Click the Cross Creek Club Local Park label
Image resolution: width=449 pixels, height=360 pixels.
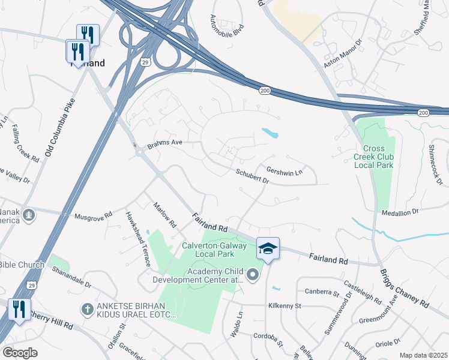click(378, 157)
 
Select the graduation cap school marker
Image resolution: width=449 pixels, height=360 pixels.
click(268, 248)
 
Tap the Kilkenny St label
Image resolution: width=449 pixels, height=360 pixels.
click(285, 306)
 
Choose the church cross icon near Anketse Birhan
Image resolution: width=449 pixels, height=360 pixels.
click(87, 310)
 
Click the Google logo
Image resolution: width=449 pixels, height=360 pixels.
click(20, 353)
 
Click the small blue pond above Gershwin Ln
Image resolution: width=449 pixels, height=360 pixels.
click(270, 133)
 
